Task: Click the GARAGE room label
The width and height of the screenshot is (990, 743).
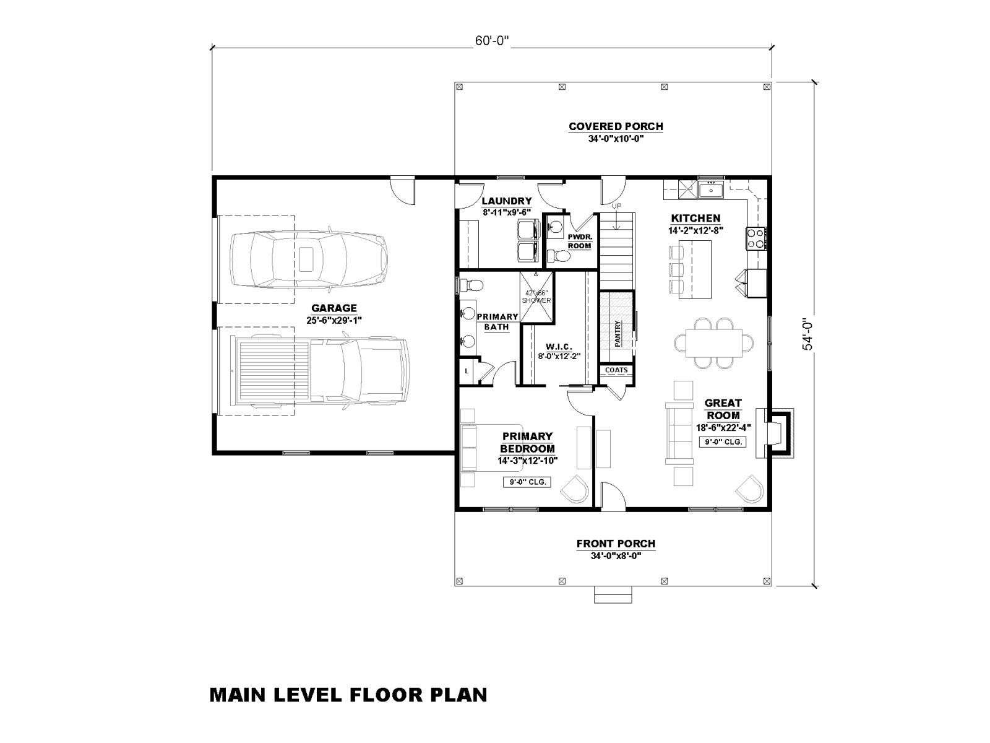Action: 334,308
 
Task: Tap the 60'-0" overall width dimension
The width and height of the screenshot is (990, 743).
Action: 492,41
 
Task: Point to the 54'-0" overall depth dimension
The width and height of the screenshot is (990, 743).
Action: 807,334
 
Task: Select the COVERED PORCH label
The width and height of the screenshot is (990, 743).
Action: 616,127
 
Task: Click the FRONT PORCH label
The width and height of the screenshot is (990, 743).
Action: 616,544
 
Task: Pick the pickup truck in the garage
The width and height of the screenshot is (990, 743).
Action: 315,370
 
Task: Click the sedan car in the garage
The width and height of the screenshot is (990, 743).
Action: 309,259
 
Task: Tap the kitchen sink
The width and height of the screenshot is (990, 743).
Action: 711,189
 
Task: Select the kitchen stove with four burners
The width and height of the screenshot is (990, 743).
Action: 755,238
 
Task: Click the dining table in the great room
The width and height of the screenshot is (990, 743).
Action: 713,343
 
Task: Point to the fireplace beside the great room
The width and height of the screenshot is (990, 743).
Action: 775,433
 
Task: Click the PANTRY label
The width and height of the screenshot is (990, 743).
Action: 618,334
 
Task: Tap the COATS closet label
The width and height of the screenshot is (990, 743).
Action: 616,370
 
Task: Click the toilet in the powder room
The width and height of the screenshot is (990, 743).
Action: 559,256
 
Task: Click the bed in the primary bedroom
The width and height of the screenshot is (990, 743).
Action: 492,447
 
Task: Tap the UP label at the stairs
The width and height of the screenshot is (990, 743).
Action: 616,206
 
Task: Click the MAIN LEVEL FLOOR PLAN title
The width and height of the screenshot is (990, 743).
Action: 348,695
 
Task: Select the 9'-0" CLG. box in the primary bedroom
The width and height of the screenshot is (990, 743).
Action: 527,482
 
